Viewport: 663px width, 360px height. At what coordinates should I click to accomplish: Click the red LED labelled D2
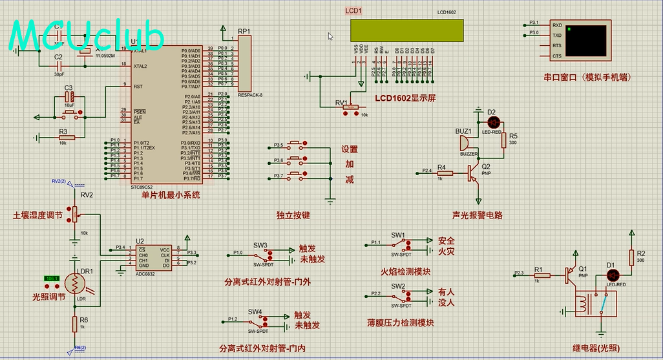pos(494,122)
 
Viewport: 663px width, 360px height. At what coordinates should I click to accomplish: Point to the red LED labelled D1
pos(615,275)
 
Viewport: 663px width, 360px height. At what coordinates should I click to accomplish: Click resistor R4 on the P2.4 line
pos(442,173)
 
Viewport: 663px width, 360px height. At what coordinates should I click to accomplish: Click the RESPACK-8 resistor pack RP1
pos(244,63)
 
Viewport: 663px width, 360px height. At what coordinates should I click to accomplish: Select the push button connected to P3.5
pos(297,144)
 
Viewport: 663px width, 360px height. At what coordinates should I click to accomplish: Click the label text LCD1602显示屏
pos(405,98)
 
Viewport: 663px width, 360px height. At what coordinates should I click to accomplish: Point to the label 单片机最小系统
pos(171,195)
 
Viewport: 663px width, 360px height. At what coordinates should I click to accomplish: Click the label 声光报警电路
pos(477,215)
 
